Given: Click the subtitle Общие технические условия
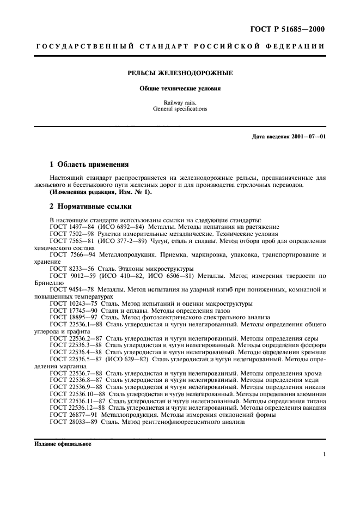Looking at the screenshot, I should [x=180, y=88].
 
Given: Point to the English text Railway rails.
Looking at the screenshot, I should [x=180, y=102].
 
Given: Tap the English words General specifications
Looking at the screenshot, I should [x=180, y=109].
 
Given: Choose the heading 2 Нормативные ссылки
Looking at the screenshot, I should [x=87, y=207].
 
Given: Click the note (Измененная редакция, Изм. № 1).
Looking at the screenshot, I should [x=101, y=192].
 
